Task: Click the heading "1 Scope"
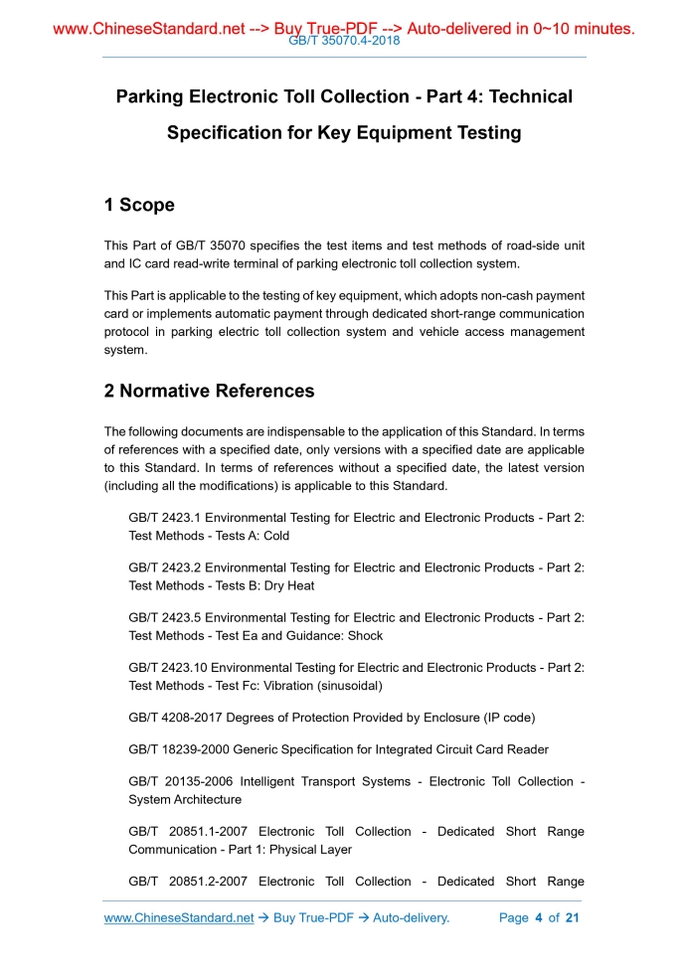[x=139, y=206]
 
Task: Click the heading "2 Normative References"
[x=209, y=391]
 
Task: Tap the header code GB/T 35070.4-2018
[x=343, y=42]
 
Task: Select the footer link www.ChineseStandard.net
[x=179, y=917]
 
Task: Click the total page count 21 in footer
[x=572, y=917]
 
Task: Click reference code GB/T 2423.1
[x=164, y=518]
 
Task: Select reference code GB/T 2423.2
[x=164, y=568]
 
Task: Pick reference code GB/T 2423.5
[x=164, y=617]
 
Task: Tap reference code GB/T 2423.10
[x=167, y=667]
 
